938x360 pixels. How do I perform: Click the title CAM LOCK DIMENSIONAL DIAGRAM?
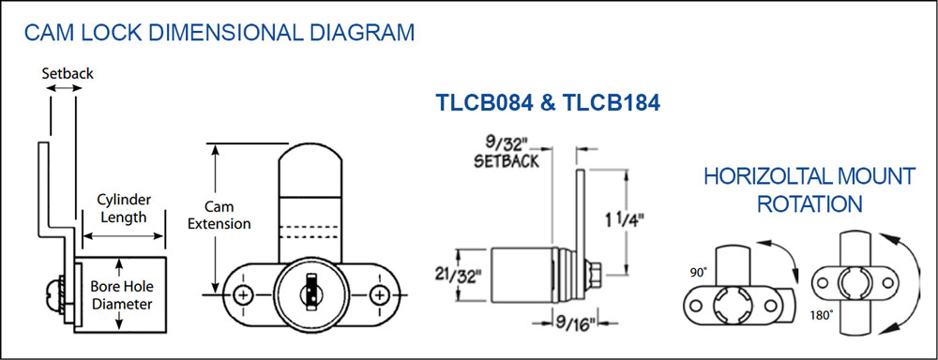point(219,32)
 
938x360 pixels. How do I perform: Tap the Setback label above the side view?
point(68,73)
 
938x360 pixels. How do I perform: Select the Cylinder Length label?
point(123,208)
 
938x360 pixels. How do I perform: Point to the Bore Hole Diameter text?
point(121,294)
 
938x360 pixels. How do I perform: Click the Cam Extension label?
point(219,216)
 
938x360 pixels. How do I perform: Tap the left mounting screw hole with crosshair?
point(244,294)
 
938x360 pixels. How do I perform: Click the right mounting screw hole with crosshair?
point(379,294)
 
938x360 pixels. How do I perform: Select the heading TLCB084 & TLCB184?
point(548,103)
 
